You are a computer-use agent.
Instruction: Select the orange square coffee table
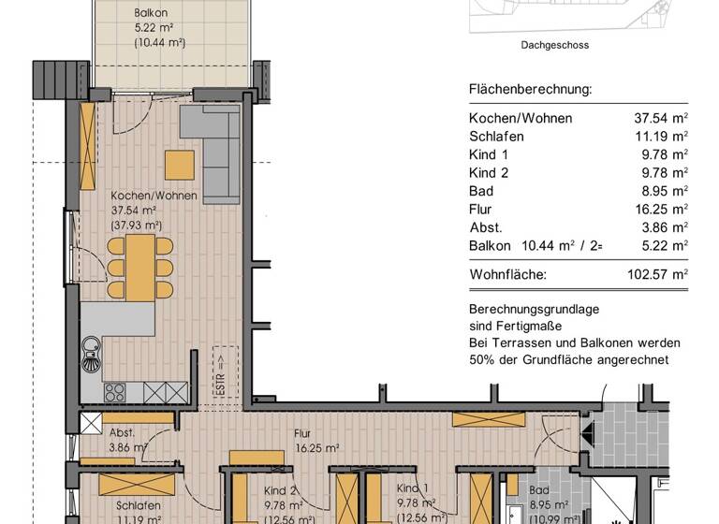pyautogui.click(x=180, y=165)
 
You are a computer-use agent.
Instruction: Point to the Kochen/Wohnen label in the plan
pyautogui.click(x=154, y=196)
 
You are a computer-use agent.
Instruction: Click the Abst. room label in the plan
pyautogui.click(x=122, y=433)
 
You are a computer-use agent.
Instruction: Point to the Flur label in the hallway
pyautogui.click(x=302, y=434)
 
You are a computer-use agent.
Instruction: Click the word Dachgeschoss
pyautogui.click(x=554, y=44)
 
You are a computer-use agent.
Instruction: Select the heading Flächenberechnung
pyautogui.click(x=530, y=91)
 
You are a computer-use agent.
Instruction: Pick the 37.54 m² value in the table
pyautogui.click(x=661, y=118)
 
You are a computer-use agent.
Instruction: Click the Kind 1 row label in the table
pyautogui.click(x=489, y=154)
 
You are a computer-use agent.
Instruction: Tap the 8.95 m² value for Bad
pyautogui.click(x=664, y=191)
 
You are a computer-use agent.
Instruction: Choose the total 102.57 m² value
pyautogui.click(x=658, y=275)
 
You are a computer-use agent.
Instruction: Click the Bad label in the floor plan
pyautogui.click(x=538, y=489)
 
